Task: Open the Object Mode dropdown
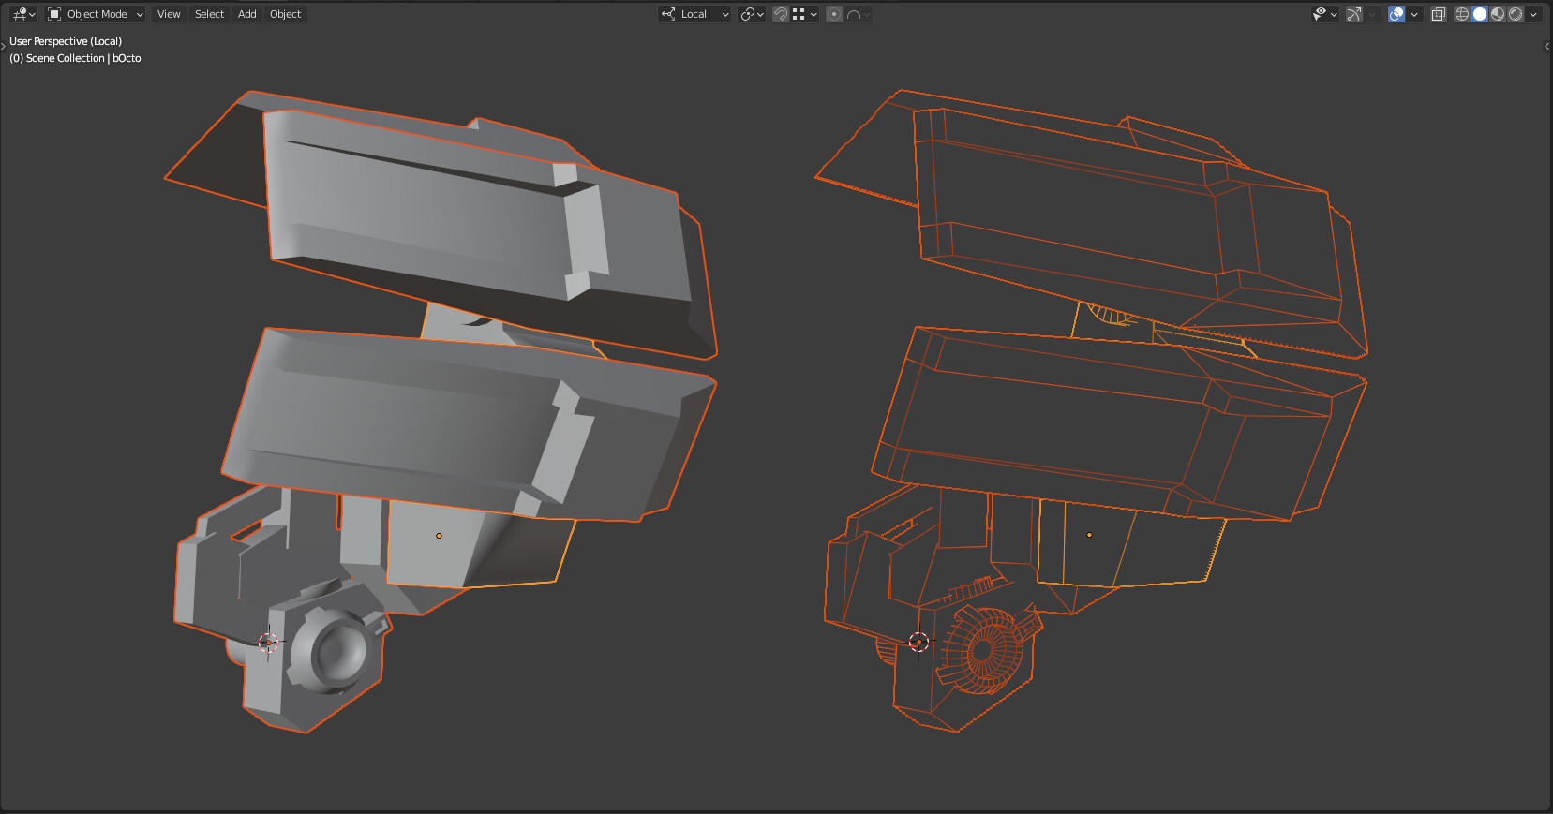click(95, 14)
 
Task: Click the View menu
click(169, 14)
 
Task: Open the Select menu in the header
click(209, 14)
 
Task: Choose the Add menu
click(246, 14)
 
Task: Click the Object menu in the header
click(285, 14)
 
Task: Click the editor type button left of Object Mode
click(22, 14)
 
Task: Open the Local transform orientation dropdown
click(694, 14)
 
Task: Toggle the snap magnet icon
click(781, 14)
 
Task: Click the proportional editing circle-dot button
click(834, 14)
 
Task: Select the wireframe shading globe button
click(1462, 14)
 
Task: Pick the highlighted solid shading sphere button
click(1480, 14)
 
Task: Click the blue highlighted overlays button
click(1396, 14)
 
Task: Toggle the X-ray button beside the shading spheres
click(1439, 14)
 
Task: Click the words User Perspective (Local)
click(66, 41)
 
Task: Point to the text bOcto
click(127, 58)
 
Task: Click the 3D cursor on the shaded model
click(268, 642)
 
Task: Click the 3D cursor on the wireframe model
click(918, 642)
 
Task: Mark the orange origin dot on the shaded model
click(439, 536)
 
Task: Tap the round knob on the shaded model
click(335, 648)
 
